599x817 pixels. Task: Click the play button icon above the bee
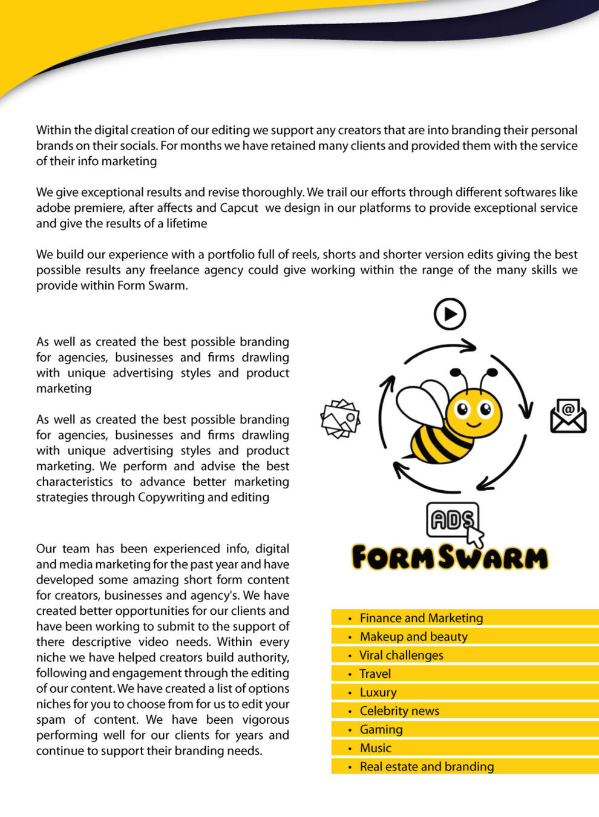click(x=450, y=314)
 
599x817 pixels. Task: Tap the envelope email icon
click(x=568, y=416)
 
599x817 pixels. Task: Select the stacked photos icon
click(x=340, y=418)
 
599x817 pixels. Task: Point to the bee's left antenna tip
click(x=459, y=369)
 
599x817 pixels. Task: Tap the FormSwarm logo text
click(x=450, y=557)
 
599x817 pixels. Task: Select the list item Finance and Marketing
click(x=421, y=618)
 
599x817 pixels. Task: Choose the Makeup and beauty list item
click(x=413, y=637)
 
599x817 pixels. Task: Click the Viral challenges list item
click(x=401, y=655)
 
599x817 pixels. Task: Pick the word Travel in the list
click(x=375, y=674)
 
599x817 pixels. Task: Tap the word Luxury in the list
click(x=378, y=692)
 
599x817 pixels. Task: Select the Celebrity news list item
click(x=399, y=711)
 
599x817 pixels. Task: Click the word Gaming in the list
click(x=381, y=730)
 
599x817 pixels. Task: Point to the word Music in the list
click(x=376, y=748)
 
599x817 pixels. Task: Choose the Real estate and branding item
click(x=427, y=767)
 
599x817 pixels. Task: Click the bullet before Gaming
click(x=350, y=730)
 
